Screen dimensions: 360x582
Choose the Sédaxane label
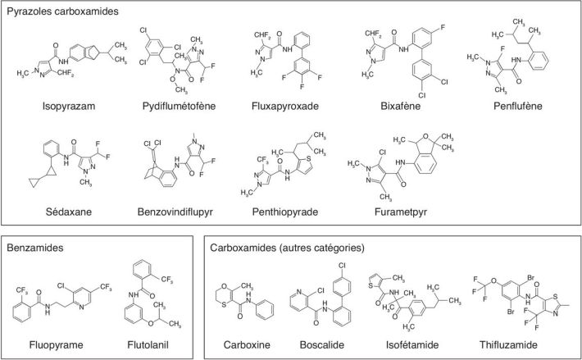69,212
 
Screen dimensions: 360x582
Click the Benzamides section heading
37,246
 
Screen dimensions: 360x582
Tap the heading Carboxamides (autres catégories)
288,246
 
